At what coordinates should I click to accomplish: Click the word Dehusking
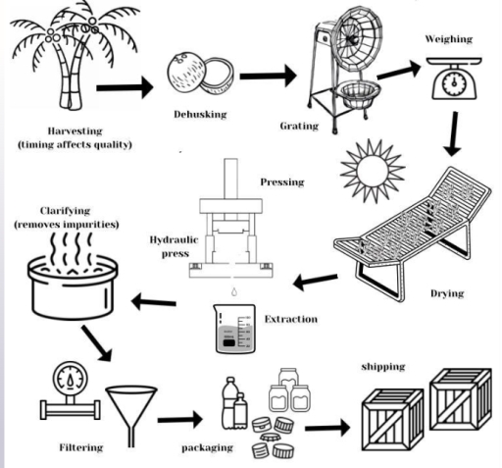coord(200,115)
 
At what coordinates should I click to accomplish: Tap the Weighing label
coord(449,39)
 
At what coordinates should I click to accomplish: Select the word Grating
coord(299,126)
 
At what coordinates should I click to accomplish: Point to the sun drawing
coord(373,171)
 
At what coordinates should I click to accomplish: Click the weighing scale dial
coord(454,83)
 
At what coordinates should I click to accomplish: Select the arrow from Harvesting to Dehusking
coord(125,87)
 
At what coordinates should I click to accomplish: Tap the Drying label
coord(447,293)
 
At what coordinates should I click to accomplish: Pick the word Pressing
coord(282,182)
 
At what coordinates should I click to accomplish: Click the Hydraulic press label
coord(175,246)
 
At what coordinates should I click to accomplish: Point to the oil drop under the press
coord(234,291)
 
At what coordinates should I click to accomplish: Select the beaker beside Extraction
coord(234,329)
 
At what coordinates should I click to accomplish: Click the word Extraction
coord(291,319)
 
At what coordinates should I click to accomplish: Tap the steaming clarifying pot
coord(73,277)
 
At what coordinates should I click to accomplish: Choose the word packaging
coord(207,447)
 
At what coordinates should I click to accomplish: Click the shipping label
coord(383,367)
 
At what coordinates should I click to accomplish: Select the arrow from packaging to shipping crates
coord(327,428)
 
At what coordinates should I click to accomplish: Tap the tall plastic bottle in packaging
coord(229,403)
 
